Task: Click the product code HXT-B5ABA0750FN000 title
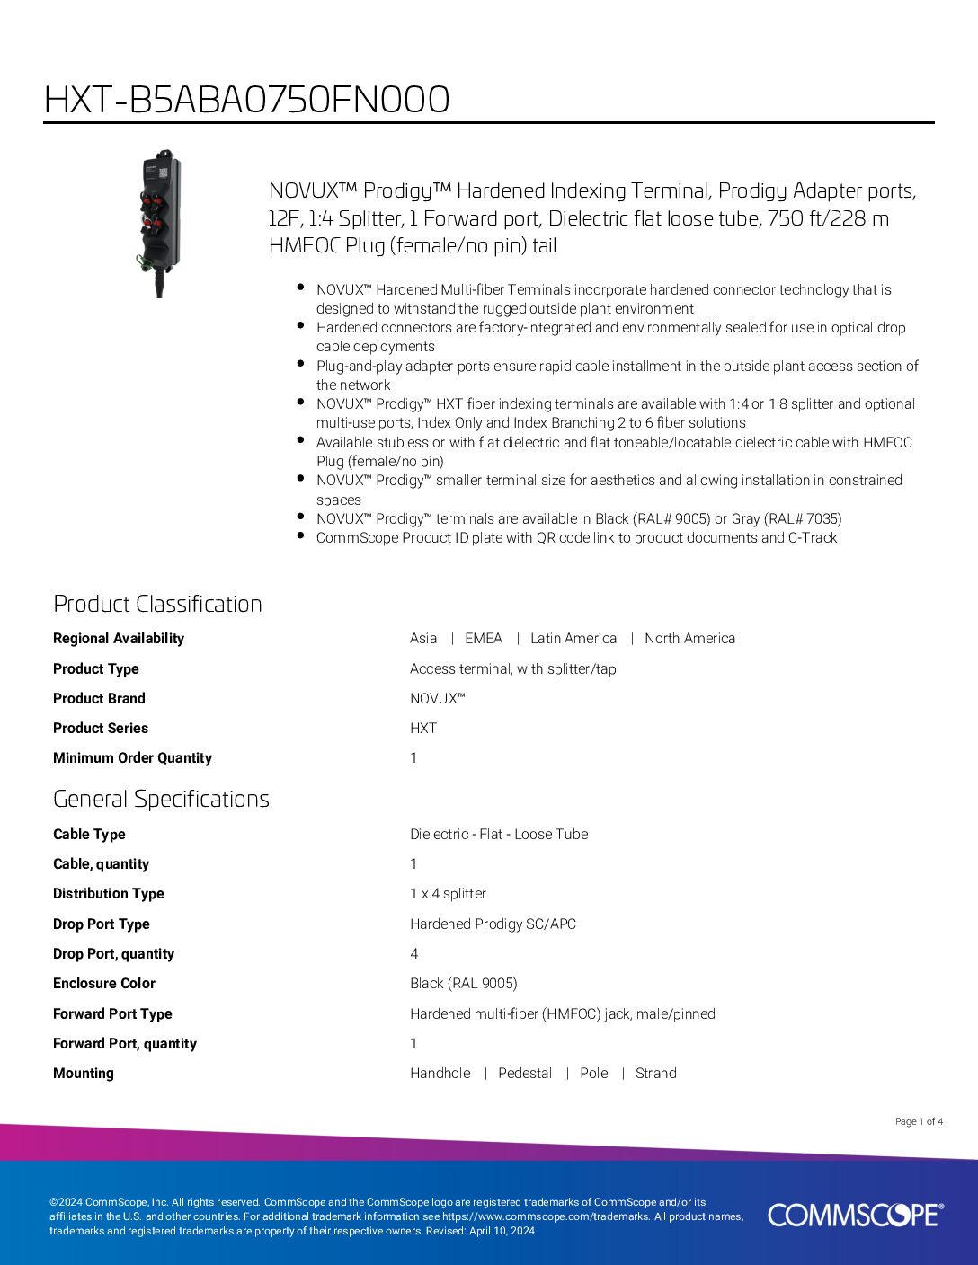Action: pos(247,100)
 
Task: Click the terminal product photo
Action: pos(160,223)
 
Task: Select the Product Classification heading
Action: pos(157,604)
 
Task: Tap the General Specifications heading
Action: pos(161,799)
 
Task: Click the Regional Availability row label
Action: pos(119,639)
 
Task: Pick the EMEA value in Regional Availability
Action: pos(484,639)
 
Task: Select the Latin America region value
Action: pos(573,639)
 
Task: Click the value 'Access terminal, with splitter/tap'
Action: pos(513,669)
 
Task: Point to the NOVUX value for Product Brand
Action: pos(437,699)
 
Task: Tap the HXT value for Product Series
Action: pos(423,729)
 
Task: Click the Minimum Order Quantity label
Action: pos(132,758)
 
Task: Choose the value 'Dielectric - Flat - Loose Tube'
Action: pos(499,835)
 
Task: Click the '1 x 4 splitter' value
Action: pos(448,894)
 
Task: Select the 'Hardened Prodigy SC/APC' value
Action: pos(493,924)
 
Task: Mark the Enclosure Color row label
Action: pos(104,984)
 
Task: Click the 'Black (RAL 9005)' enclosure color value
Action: pos(464,984)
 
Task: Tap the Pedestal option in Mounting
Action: pos(525,1074)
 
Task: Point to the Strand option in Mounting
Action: pos(656,1074)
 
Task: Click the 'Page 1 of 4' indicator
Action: pos(919,1121)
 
